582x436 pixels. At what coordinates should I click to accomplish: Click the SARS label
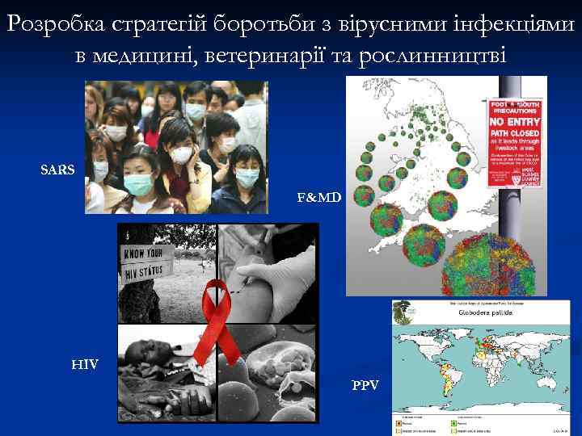58,170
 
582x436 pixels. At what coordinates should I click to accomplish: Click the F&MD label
319,197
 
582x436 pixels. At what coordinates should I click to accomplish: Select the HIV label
85,365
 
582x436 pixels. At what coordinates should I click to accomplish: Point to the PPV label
365,384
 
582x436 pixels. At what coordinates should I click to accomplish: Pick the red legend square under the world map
399,422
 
